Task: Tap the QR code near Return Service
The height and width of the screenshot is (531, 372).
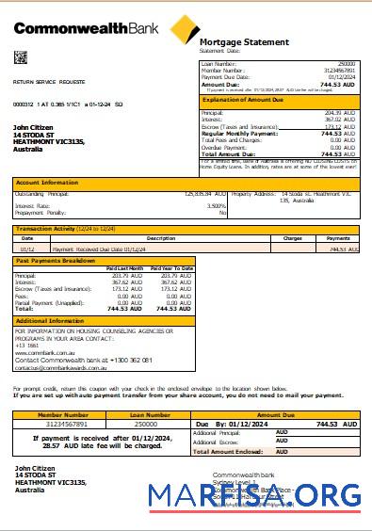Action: (x=20, y=57)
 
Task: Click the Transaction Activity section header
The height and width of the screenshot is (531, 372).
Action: (x=53, y=229)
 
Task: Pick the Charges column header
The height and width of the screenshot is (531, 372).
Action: (x=292, y=238)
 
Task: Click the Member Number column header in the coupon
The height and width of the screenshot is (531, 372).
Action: (x=63, y=414)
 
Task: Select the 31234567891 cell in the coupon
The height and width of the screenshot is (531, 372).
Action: (x=63, y=425)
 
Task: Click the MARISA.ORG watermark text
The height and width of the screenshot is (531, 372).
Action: (x=254, y=497)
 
